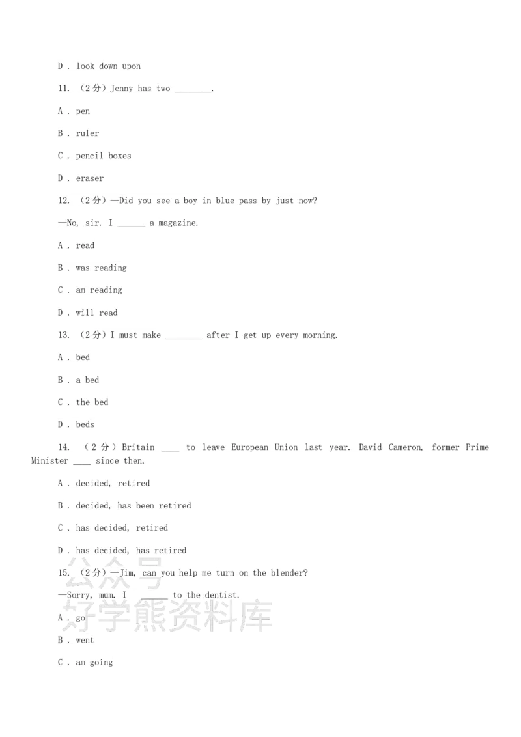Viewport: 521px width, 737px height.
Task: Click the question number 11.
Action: point(63,89)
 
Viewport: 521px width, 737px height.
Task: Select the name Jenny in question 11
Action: point(121,89)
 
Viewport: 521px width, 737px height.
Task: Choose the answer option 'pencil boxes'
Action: point(104,156)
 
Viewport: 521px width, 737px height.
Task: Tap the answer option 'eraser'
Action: point(90,178)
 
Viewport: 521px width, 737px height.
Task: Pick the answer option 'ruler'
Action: point(87,133)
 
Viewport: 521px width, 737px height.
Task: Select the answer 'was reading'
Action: point(101,268)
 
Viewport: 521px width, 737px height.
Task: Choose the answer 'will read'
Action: point(96,313)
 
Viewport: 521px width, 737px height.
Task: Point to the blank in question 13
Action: point(184,337)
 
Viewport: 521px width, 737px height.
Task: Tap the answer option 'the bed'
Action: point(92,402)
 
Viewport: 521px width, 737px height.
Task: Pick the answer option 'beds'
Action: point(85,424)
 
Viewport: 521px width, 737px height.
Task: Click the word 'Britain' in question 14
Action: point(138,447)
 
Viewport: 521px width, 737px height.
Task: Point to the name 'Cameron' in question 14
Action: point(405,447)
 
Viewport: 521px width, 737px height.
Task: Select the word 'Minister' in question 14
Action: point(50,461)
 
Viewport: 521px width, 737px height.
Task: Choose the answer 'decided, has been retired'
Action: point(134,506)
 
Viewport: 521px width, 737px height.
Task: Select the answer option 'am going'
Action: point(94,663)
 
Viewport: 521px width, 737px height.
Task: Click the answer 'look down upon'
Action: point(108,66)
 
